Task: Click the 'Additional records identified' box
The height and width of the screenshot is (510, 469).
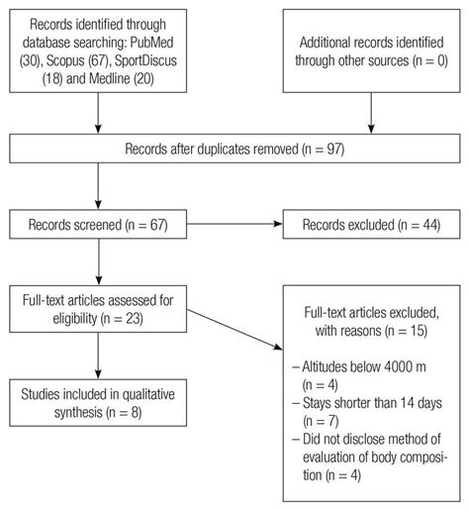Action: click(371, 51)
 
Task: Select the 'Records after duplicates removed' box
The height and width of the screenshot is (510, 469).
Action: click(234, 150)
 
